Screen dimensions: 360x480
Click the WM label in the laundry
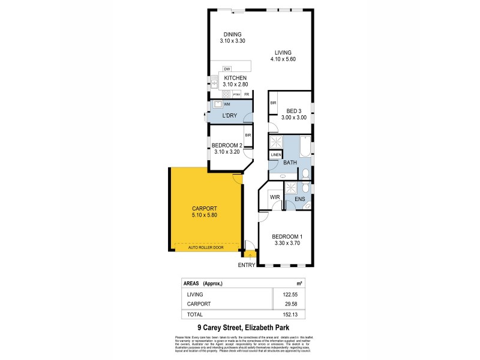pos(227,104)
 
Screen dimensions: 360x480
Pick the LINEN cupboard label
pos(275,155)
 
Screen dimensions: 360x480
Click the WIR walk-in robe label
pos(275,197)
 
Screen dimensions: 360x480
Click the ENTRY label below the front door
pos(247,265)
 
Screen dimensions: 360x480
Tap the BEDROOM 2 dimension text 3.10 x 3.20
pos(227,152)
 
